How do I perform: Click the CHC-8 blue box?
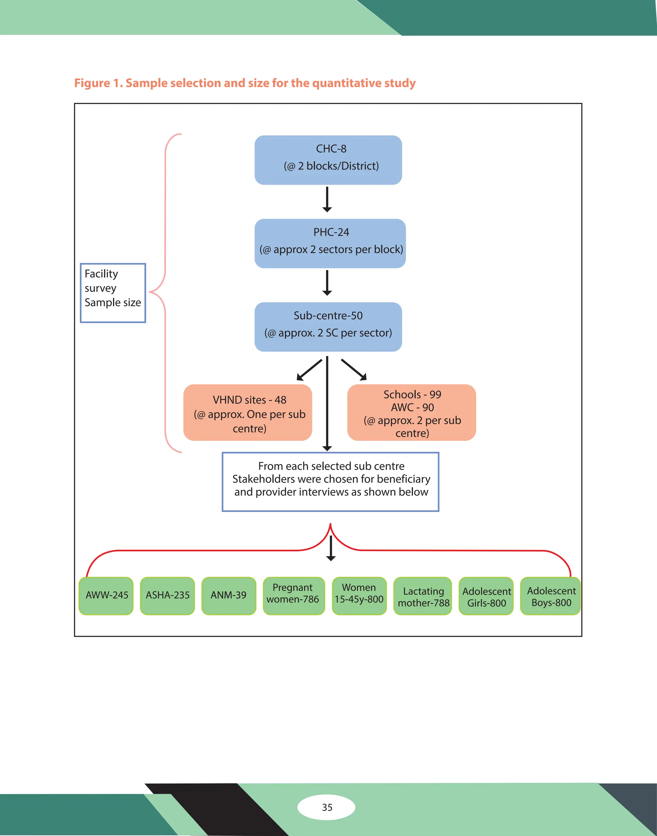328,160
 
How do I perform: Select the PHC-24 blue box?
330,243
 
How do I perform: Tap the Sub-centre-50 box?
328,327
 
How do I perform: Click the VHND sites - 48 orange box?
248,413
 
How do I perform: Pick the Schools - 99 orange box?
412,413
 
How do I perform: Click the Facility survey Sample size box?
113,293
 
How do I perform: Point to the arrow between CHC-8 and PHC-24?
327,200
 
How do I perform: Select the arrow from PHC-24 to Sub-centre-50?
327,283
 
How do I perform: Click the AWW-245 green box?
106,595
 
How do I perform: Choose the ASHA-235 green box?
167,595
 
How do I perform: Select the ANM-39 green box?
228,595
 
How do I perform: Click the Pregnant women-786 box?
294,595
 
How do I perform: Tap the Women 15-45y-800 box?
359,595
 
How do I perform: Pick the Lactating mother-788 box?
423,595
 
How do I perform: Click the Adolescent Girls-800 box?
486,595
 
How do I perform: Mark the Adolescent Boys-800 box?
550,595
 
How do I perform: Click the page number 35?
327,807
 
